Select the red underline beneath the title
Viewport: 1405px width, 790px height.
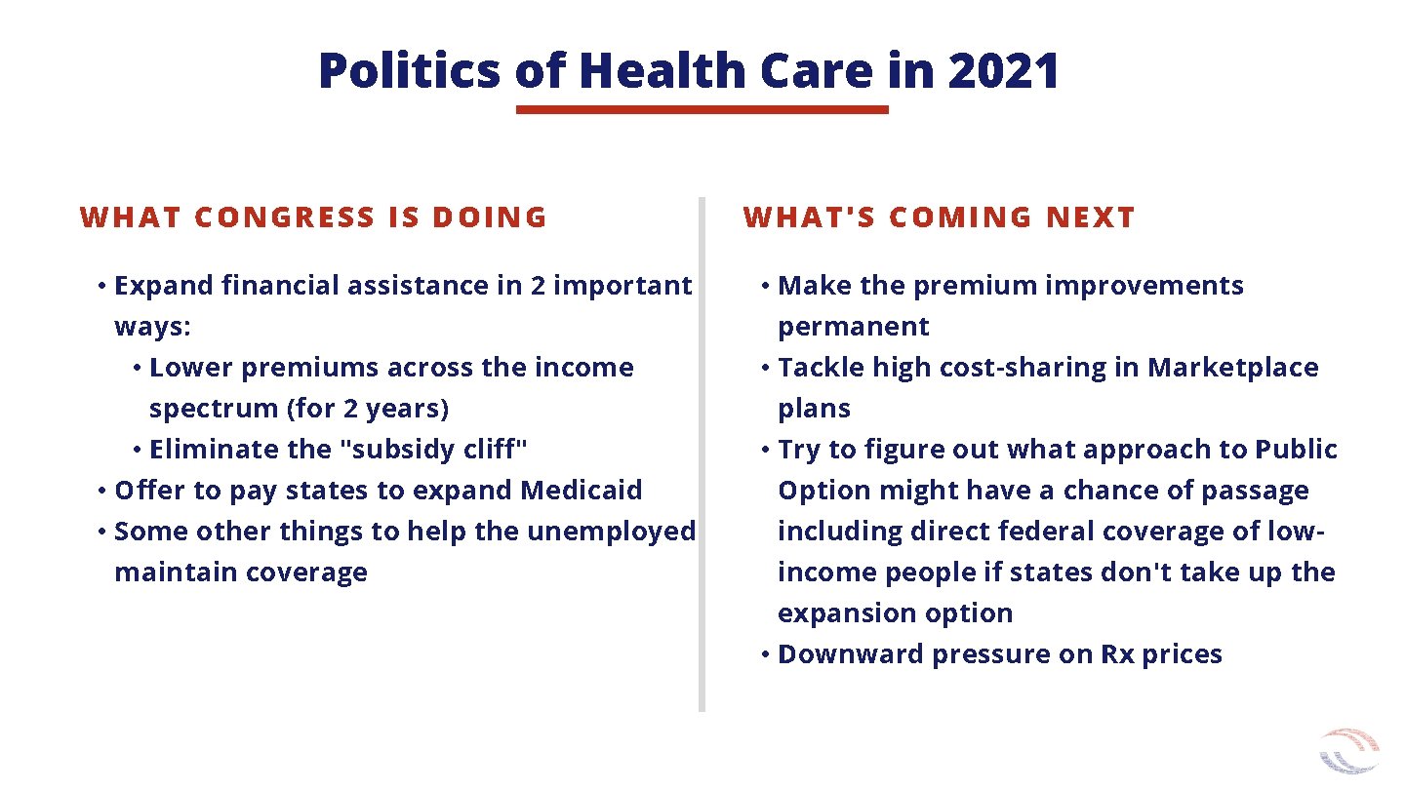(702, 110)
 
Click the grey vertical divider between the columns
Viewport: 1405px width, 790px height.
(702, 454)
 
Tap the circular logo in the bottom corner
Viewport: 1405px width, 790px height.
(1349, 752)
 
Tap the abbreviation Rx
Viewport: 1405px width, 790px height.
(1117, 654)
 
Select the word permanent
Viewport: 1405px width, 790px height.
(854, 327)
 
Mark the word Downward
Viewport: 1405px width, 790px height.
(851, 654)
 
